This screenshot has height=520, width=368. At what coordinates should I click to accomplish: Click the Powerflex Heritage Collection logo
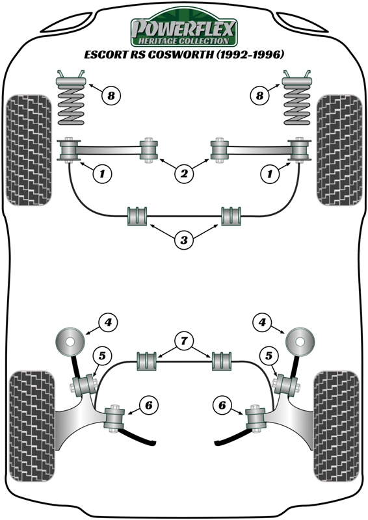click(184, 29)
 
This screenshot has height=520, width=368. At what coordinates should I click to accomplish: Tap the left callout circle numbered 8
click(111, 96)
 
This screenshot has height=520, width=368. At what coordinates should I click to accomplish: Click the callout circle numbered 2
click(184, 173)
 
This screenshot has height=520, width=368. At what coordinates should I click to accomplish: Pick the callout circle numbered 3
click(184, 240)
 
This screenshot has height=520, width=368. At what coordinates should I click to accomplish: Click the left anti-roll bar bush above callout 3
click(137, 216)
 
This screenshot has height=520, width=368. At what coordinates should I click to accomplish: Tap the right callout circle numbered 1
click(269, 173)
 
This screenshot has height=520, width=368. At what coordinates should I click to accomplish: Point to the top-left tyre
click(29, 150)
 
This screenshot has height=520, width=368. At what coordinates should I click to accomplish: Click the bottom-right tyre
click(337, 426)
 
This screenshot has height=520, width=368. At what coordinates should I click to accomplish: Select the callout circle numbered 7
click(184, 341)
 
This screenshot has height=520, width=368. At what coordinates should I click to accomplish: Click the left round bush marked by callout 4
click(70, 342)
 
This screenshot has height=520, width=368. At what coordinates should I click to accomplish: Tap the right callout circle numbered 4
click(262, 322)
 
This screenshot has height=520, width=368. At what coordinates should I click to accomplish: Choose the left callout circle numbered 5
click(101, 356)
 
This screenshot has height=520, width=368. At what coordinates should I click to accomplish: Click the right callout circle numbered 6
click(222, 405)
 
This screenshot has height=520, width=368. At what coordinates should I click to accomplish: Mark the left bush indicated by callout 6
click(114, 419)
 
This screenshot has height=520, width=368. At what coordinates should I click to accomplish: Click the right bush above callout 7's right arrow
click(222, 361)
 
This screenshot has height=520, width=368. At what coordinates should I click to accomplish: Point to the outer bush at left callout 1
click(68, 150)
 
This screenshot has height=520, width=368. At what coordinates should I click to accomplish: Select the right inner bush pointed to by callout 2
click(220, 150)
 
